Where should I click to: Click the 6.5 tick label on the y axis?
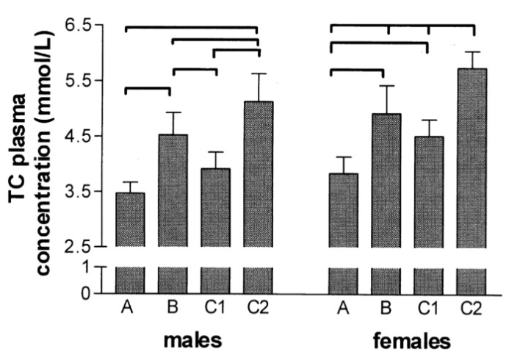tap(86, 26)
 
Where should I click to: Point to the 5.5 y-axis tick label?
tap(86, 81)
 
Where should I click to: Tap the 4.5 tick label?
tap(86, 137)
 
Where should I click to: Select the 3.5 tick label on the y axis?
tap(86, 192)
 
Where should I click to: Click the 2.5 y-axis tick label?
tap(86, 247)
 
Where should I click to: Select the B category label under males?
tap(173, 309)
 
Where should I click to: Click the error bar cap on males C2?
tap(259, 73)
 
